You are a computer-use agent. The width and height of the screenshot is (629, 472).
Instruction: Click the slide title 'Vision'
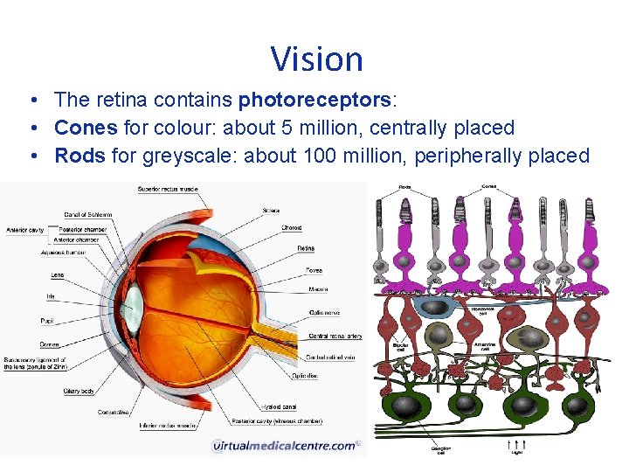[316, 59]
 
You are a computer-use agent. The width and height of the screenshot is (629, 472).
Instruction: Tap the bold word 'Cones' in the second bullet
[86, 128]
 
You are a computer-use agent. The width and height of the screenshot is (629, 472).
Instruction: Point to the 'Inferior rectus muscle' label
[168, 426]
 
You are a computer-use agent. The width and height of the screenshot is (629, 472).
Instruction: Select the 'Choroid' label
[292, 228]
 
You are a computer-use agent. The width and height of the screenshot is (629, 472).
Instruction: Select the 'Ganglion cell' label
[441, 452]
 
